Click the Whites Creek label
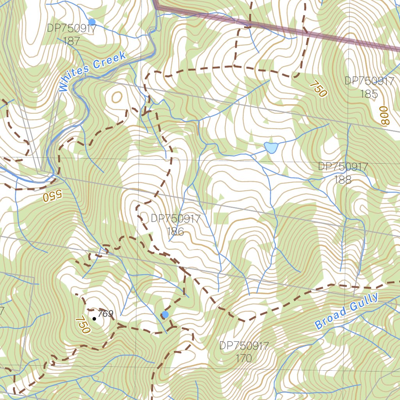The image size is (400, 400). (93, 71)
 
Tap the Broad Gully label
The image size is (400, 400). (346, 311)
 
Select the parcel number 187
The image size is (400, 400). (71, 41)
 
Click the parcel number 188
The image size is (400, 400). (343, 180)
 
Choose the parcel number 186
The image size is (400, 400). (175, 232)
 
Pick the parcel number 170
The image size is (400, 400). (244, 358)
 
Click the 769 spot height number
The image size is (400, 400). (105, 314)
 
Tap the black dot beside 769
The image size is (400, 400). (94, 319)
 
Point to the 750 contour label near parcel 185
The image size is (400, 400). (318, 89)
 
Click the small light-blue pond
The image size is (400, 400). (271, 147)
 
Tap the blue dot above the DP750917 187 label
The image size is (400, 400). (92, 21)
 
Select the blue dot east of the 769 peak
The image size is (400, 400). (165, 314)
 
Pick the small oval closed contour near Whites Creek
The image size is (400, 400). (117, 96)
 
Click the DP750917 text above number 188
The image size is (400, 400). (343, 167)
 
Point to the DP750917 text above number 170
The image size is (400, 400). (244, 346)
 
